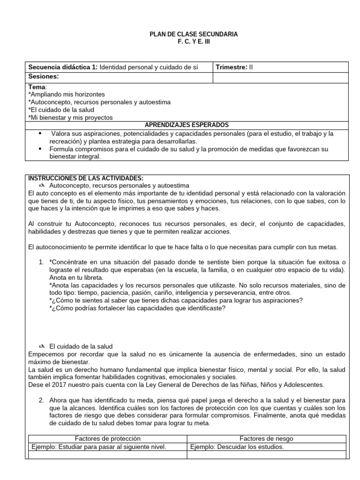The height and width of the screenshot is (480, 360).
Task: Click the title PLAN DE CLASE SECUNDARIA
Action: pyautogui.click(x=187, y=34)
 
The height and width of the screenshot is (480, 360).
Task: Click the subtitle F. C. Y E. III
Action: pyautogui.click(x=187, y=42)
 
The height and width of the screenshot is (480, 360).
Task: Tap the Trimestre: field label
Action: pyautogui.click(x=231, y=67)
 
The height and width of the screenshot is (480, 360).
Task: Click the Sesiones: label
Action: pyautogui.click(x=44, y=76)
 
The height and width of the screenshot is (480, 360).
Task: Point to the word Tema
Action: pyautogui.click(x=37, y=87)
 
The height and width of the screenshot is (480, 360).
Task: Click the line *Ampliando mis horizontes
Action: pyautogui.click(x=67, y=95)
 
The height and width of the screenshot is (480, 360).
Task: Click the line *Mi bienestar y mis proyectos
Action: pyautogui.click(x=70, y=118)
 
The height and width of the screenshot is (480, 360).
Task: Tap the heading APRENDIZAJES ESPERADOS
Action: pyautogui.click(x=187, y=125)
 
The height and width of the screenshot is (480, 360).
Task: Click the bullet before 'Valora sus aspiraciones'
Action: pyautogui.click(x=39, y=134)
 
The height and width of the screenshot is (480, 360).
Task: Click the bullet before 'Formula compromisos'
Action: pyautogui.click(x=39, y=149)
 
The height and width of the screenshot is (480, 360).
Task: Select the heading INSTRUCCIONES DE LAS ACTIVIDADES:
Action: pyautogui.click(x=86, y=178)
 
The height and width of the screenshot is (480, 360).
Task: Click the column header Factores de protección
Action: pyautogui.click(x=108, y=438)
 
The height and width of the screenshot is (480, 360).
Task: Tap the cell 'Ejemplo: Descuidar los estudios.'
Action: pyautogui.click(x=237, y=447)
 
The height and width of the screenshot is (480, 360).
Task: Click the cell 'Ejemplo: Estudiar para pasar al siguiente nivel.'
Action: pyautogui.click(x=98, y=447)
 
